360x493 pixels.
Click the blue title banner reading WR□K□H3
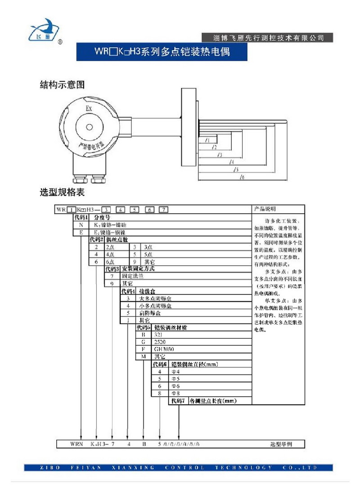pos(162,52)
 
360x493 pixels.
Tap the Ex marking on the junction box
pos(89,109)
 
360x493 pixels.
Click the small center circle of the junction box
pos(90,127)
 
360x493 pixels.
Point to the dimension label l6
pos(242,177)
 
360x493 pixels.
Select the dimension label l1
pos(207,140)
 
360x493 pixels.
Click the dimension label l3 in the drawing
pos(219,155)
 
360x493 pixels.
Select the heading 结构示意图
pos(63,85)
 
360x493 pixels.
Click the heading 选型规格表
pos(63,193)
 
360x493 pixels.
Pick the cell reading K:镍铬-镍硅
pos(110,224)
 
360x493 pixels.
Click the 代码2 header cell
pos(96,240)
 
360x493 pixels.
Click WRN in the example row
pos(76,444)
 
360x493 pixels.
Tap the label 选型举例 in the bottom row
pos(281,444)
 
